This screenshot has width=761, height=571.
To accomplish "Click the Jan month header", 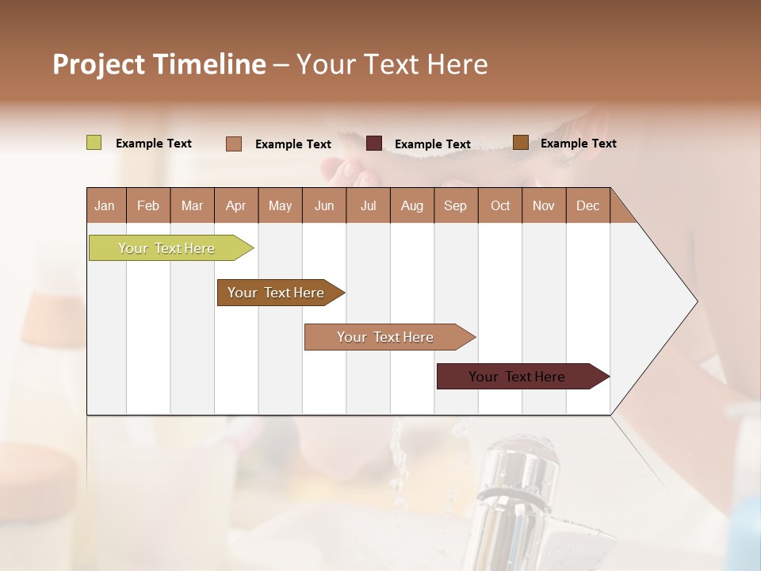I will [105, 206].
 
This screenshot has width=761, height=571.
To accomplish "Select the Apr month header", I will [235, 206].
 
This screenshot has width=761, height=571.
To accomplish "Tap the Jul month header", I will [368, 206].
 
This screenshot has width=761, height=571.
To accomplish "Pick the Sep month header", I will [455, 206].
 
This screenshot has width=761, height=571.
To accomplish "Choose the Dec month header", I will [587, 206].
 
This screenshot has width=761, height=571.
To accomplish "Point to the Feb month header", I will [148, 206].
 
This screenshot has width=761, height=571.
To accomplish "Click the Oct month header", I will [500, 206].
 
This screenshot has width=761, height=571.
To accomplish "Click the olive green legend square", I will [94, 143].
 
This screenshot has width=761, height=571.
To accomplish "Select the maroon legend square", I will [374, 144].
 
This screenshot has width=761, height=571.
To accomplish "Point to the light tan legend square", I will [234, 144].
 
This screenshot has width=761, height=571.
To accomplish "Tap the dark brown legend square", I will [521, 143].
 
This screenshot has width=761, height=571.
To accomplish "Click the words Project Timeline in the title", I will [159, 64].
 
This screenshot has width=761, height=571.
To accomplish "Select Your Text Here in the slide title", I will [392, 64].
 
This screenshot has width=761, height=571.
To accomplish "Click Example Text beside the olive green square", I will [154, 144].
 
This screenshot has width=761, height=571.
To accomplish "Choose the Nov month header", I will [544, 206].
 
